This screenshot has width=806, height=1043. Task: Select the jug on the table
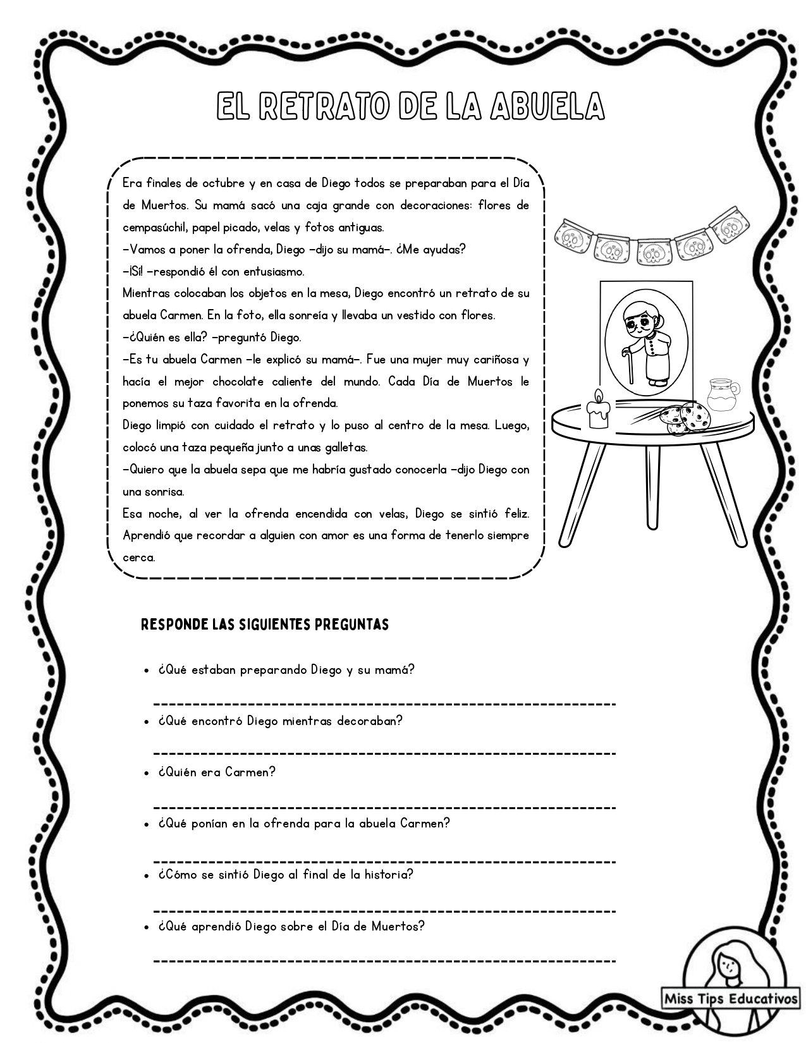[722, 396]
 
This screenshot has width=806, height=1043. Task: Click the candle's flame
[598, 396]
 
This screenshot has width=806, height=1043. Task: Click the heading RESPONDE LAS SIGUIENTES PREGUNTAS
[264, 625]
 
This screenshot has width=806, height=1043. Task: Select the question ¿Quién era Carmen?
[217, 772]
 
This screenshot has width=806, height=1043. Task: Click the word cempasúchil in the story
[154, 228]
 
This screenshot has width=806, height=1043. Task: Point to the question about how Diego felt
[286, 875]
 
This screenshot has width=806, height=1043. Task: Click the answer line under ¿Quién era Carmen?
[384, 807]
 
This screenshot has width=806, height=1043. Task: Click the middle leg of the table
[652, 487]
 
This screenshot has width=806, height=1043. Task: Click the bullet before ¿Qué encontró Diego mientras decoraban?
[147, 722]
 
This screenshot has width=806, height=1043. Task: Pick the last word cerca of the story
[138, 558]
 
